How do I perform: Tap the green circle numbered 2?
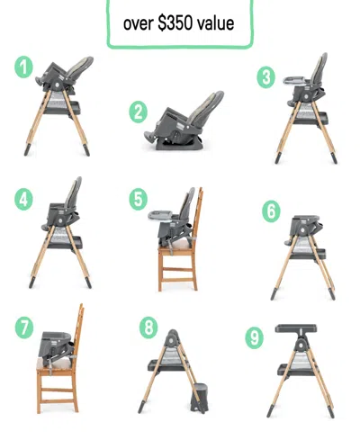[x=138, y=112]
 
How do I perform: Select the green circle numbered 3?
[x=265, y=76]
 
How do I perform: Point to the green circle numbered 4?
[x=25, y=199]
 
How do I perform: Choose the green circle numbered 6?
[x=271, y=211]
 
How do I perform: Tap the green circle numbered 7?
[x=25, y=328]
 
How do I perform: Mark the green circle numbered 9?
[x=255, y=337]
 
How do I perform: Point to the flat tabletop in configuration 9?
[x=297, y=325]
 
